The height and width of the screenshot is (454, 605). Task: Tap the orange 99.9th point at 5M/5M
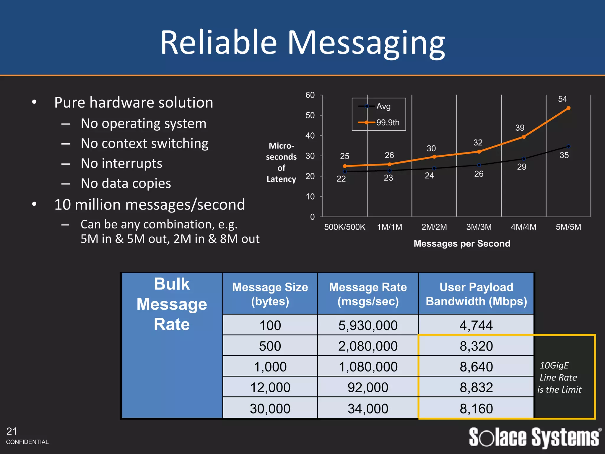coord(568,108)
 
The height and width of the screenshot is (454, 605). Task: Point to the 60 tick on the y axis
coord(310,95)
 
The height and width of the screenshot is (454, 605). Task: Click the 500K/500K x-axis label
coord(344,227)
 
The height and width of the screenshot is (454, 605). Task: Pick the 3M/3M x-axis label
coord(479,227)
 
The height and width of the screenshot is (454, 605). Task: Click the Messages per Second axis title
coord(462,244)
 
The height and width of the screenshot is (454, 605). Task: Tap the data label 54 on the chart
coord(562,99)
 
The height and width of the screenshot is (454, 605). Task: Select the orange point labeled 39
coord(523,137)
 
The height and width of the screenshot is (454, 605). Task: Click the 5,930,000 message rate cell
coord(368,325)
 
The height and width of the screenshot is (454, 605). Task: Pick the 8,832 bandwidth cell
coord(476,387)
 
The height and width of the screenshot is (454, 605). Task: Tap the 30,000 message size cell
coord(270,408)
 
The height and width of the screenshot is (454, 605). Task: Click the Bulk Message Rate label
coord(172,304)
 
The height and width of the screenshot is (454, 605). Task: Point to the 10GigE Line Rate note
coord(559,377)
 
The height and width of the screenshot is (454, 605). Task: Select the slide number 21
coord(12,432)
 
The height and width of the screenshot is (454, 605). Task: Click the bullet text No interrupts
coord(121,163)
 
